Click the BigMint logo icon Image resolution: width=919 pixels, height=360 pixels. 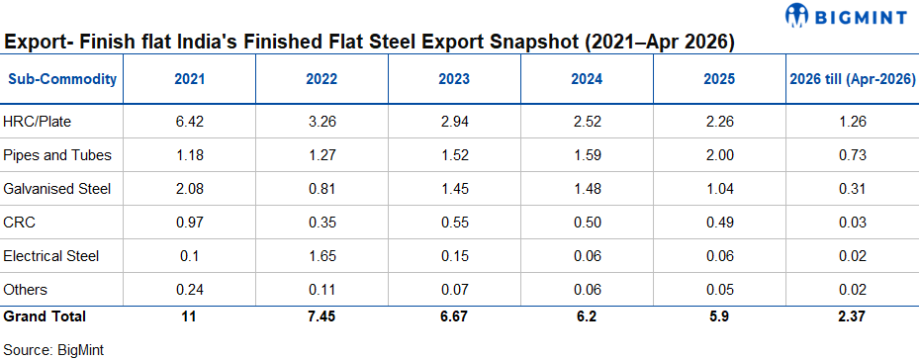[797, 15]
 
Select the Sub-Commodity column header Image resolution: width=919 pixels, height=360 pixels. [62, 79]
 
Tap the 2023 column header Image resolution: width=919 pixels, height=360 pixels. [454, 79]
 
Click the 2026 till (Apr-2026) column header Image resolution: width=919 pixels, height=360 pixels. [853, 79]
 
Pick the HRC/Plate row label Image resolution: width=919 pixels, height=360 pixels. [38, 122]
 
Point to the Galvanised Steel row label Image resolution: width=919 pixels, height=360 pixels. [56, 189]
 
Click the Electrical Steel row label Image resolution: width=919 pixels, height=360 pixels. [51, 256]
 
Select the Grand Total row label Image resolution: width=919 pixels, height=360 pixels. [45, 316]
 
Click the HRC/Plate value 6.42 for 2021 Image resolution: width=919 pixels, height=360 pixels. [189, 122]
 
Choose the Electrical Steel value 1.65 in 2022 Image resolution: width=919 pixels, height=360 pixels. [322, 256]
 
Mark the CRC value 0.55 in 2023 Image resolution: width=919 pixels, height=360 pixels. [454, 223]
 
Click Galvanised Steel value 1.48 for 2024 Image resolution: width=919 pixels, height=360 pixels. [587, 189]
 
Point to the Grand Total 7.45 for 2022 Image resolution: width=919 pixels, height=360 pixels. [322, 316]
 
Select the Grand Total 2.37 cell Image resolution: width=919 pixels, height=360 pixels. [852, 316]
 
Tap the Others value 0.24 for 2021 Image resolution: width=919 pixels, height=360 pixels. [189, 290]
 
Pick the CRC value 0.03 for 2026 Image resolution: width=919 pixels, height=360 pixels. [852, 223]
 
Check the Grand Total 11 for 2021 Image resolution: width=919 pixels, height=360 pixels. [189, 316]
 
